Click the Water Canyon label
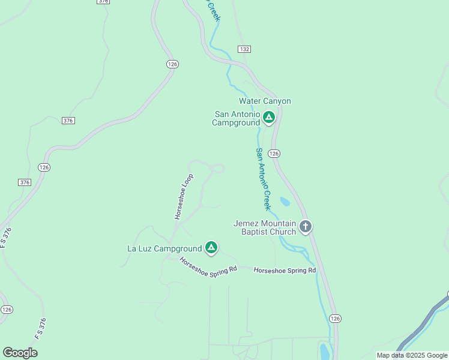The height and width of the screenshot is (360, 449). tap(265, 101)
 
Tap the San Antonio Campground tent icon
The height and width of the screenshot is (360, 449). tap(269, 117)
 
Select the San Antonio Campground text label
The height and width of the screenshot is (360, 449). tap(236, 118)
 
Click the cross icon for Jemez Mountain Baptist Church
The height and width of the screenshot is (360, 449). tap(306, 227)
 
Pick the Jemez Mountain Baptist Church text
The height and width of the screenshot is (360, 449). tap(265, 228)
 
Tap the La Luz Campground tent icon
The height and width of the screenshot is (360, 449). tap(211, 247)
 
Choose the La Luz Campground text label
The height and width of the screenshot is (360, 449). tap(164, 248)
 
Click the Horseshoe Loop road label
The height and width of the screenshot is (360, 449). tap(184, 196)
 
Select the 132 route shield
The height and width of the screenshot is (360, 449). tap(244, 49)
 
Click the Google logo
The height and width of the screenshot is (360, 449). tap(20, 353)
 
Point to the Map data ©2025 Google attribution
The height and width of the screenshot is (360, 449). tap(412, 355)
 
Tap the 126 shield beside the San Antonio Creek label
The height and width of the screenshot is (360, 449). tap(274, 154)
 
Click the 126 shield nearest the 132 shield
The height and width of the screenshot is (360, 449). tap(173, 64)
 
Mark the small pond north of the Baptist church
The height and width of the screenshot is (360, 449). tap(285, 202)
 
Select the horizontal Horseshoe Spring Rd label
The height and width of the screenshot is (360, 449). tap(285, 271)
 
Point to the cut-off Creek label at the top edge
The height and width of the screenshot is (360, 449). tap(213, 10)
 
